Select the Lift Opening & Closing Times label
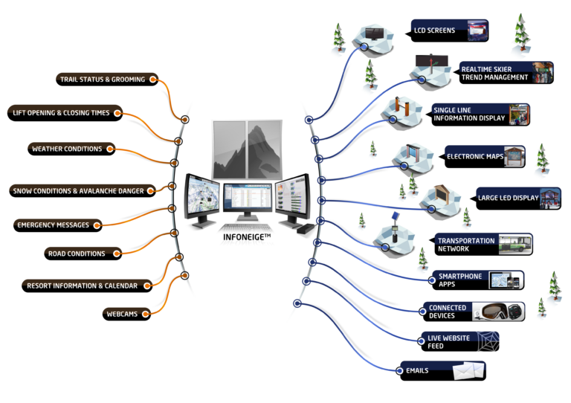61,112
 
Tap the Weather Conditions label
67,149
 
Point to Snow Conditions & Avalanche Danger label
78,191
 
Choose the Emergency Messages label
51,225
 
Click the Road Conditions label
77,254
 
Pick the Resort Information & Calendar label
83,285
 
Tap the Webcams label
118,313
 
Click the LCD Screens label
434,30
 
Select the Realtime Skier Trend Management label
494,72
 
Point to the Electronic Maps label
474,157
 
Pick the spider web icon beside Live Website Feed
488,341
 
